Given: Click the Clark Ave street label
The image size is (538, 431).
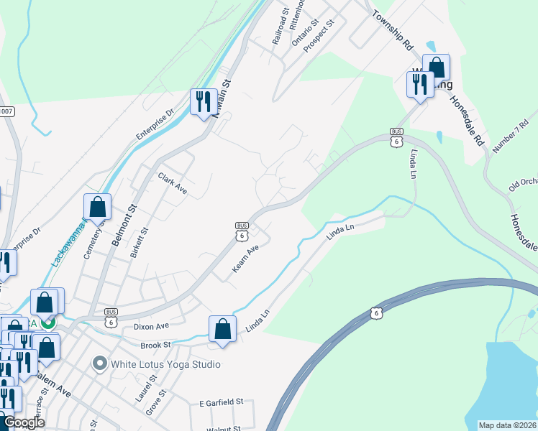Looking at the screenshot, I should point(173,185).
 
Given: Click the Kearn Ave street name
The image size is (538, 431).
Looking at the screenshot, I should point(245,259).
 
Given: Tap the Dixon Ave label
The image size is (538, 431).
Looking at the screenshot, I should point(151,326).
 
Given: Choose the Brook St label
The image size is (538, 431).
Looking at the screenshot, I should point(155,345).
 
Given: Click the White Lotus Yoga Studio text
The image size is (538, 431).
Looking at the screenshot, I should point(165,364).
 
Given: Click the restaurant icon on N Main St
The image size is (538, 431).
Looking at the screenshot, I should point(203,101).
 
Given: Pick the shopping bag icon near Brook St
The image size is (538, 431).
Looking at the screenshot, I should point(223,329).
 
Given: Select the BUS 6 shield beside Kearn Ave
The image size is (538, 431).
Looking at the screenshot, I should point(242,231).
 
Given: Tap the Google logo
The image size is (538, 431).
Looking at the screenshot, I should point(23,423).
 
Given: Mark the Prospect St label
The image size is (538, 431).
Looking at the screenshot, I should point(319,34).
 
